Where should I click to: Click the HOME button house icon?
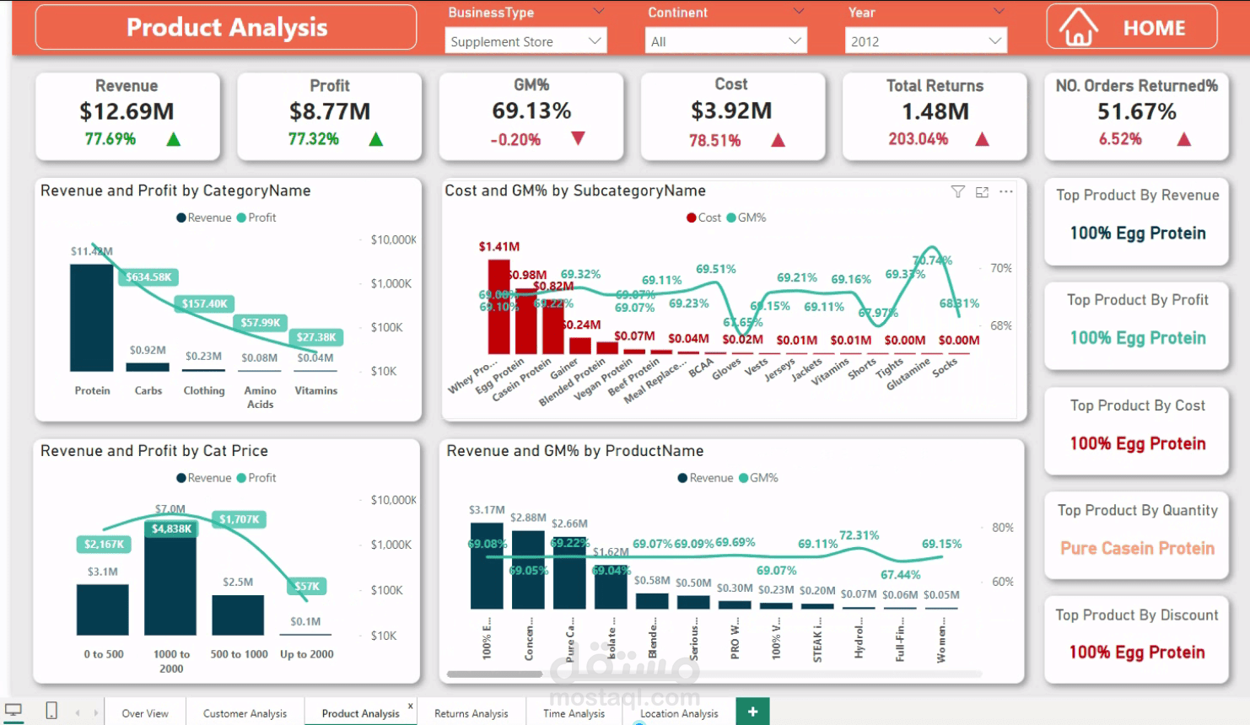point(1078,28)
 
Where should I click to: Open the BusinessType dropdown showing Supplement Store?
point(525,40)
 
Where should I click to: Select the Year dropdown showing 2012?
point(925,40)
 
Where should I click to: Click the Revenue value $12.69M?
point(127,111)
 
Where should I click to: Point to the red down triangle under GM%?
point(578,138)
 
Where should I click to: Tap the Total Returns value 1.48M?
point(935,111)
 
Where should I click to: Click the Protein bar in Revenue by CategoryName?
point(91,318)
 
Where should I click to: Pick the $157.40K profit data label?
point(204,303)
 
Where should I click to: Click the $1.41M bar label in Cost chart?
point(499,247)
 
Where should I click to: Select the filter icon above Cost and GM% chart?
point(957,192)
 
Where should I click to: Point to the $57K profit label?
point(307,586)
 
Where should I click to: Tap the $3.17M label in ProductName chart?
point(487,510)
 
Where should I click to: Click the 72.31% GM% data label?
point(859,535)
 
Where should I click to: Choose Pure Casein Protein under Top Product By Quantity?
point(1137,548)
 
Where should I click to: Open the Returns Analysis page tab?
point(471,713)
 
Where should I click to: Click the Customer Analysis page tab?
point(245,713)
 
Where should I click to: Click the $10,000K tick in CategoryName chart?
point(393,240)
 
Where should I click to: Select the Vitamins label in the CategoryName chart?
point(315,390)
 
